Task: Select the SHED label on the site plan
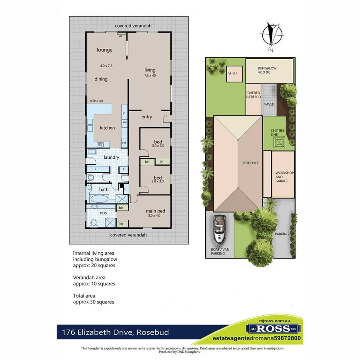click(x=232, y=73)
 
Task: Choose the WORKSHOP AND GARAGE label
click(x=284, y=176)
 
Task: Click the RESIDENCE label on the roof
click(x=250, y=163)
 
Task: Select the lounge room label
click(x=104, y=50)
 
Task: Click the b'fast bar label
click(x=96, y=101)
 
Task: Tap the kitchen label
click(x=107, y=128)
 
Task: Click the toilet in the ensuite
click(x=94, y=222)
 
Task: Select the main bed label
click(x=155, y=211)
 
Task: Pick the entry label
click(x=147, y=117)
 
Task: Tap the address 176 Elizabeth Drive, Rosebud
click(x=115, y=332)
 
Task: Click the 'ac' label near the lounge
click(x=120, y=36)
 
